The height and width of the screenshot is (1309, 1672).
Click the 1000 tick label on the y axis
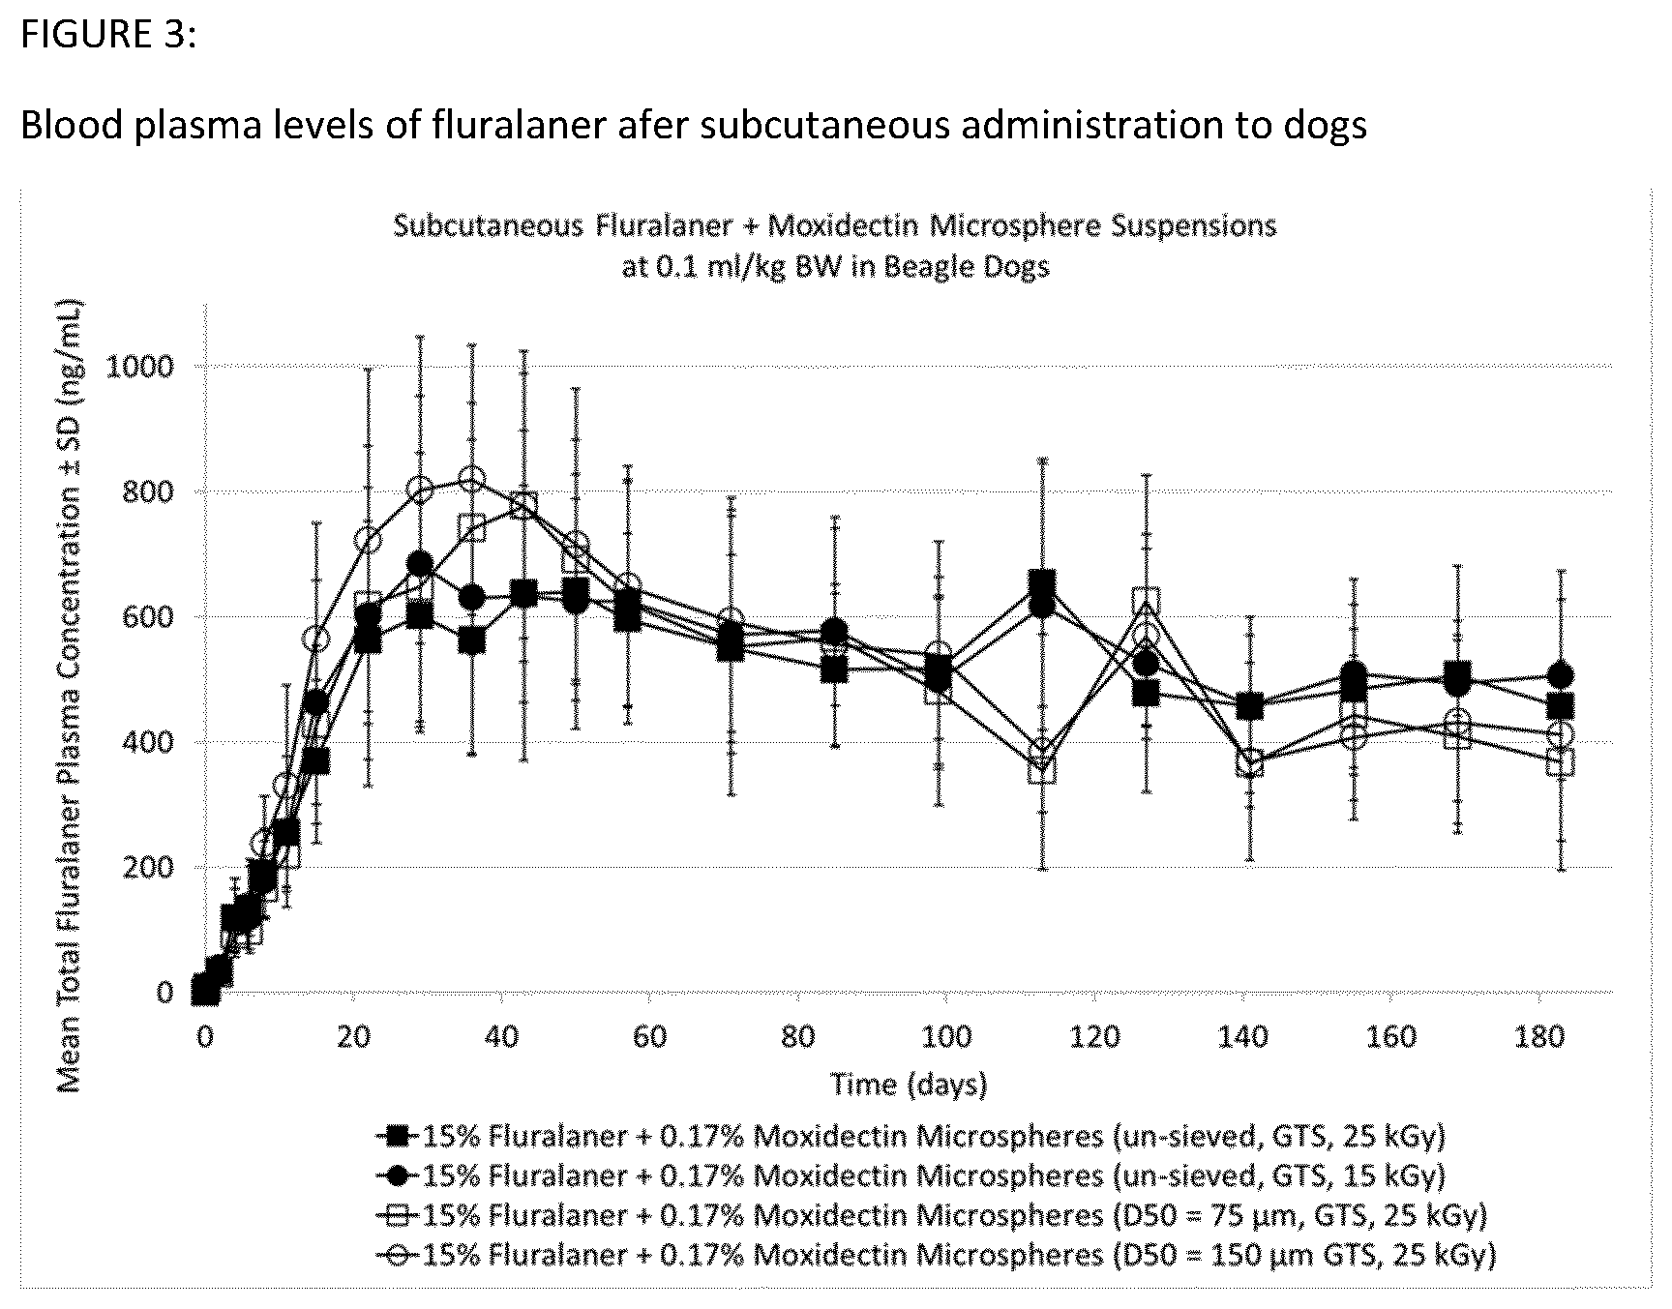tap(142, 367)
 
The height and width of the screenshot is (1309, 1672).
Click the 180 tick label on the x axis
tap(1539, 1037)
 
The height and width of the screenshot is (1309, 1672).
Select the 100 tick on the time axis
tap(946, 1037)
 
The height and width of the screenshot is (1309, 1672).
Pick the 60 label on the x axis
tap(650, 1037)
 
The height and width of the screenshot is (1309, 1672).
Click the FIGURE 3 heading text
tap(107, 34)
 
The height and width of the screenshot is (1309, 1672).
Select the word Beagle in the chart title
tap(916, 266)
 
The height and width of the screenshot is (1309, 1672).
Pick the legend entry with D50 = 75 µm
tap(931, 1215)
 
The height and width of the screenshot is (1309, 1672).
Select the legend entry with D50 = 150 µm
tap(936, 1255)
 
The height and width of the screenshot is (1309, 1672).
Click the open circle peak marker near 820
tap(472, 479)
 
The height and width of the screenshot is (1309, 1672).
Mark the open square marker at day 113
tap(1041, 771)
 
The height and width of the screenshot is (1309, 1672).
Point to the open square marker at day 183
tap(1560, 761)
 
